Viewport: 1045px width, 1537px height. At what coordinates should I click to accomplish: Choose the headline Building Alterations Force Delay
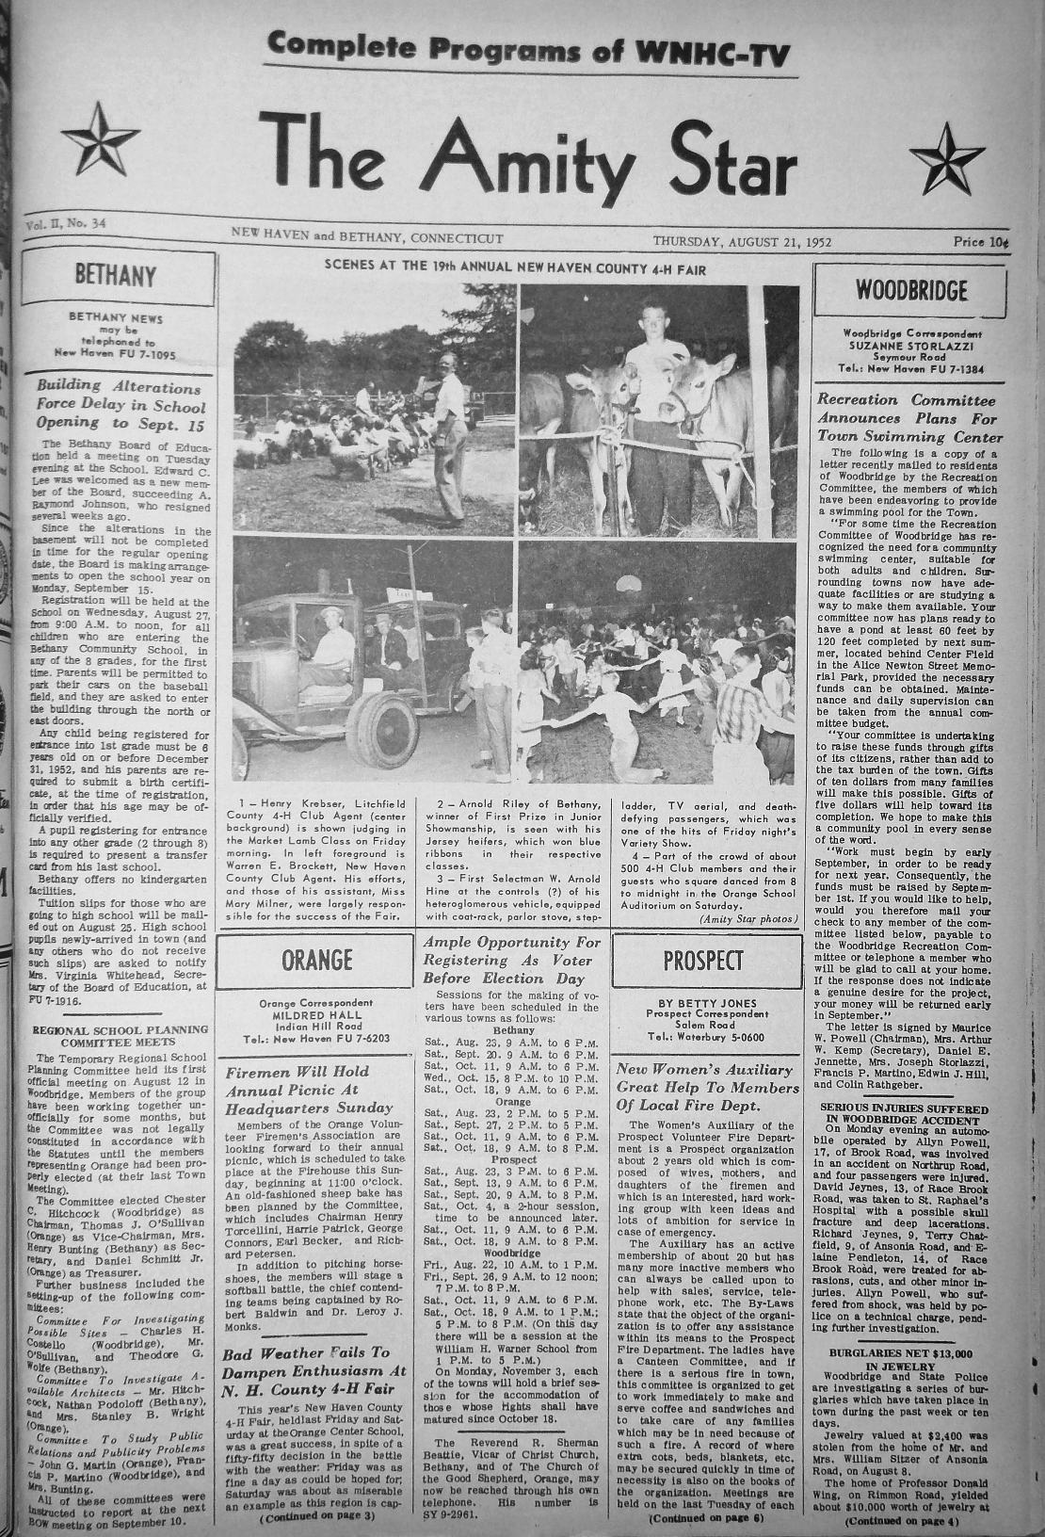click(x=121, y=404)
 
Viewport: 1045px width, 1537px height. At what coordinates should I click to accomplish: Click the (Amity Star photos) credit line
click(x=747, y=919)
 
